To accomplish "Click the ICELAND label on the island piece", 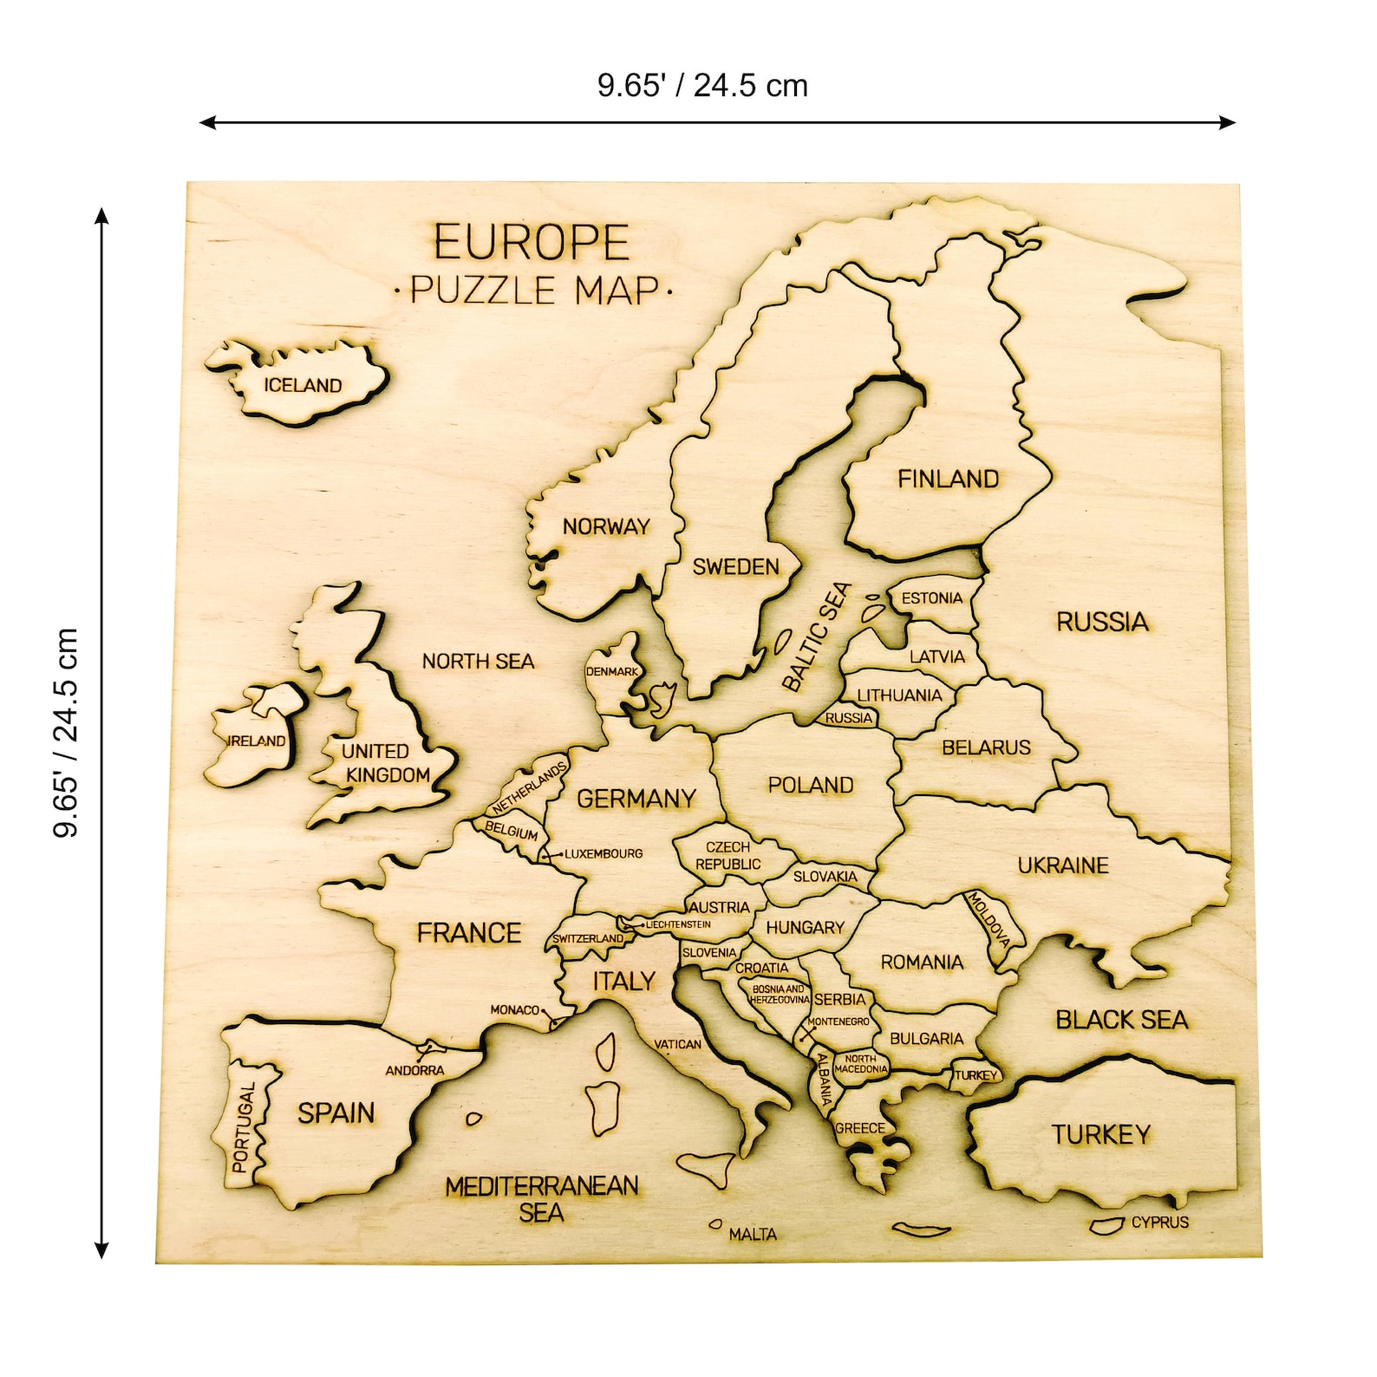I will tap(303, 385).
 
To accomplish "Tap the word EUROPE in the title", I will tap(532, 243).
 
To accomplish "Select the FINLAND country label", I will tap(948, 479).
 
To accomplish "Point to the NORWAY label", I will tap(605, 526).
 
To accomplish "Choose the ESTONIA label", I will tap(931, 598).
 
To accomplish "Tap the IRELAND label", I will tap(256, 741).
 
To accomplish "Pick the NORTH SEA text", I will tap(478, 662).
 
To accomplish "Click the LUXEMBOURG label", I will tap(604, 854).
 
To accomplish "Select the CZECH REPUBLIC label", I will tap(728, 856).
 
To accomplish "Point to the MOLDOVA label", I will tap(989, 919).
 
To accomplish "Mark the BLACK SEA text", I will tap(1121, 1020).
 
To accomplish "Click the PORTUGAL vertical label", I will tap(244, 1126).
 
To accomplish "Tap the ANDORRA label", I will tap(414, 1071).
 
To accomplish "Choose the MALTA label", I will tap(753, 1234).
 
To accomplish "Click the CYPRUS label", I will tap(1159, 1223).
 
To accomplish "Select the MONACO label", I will tap(514, 1010).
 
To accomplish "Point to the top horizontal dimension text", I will tap(702, 86).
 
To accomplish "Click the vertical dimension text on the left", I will tap(66, 733).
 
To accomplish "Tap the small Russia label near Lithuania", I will tap(848, 718).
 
